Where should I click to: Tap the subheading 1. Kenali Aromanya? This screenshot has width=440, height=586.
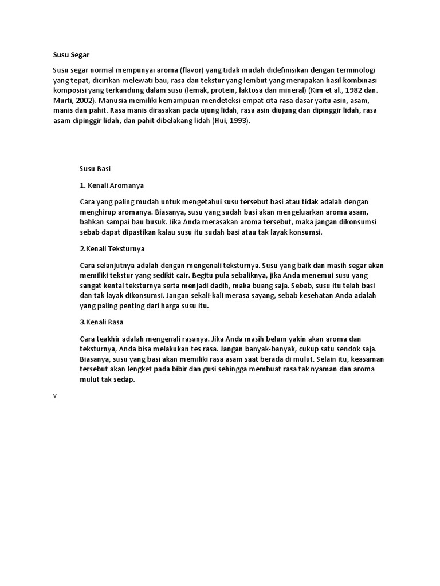click(x=112, y=185)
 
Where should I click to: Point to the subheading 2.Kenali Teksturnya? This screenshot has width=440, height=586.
click(x=112, y=249)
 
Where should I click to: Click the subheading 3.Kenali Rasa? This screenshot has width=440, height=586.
click(x=101, y=322)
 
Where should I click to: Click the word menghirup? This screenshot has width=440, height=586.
click(x=97, y=212)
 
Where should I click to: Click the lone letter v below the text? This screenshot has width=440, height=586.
click(x=55, y=396)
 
